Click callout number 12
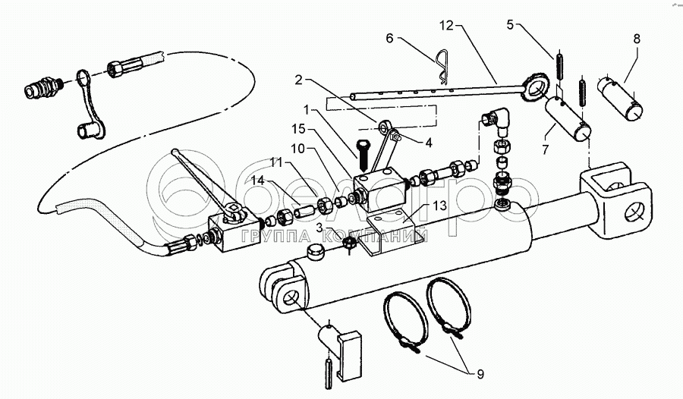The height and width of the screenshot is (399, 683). tap(445, 26)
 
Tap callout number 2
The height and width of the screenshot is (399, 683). tap(299, 79)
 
